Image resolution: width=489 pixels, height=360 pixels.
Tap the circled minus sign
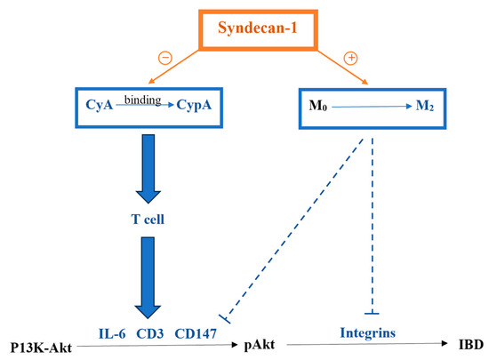point(164,60)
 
